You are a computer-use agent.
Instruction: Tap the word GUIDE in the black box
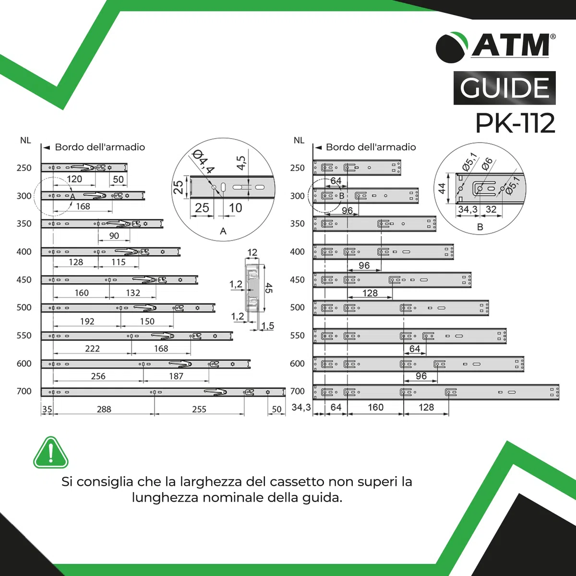click(x=504, y=88)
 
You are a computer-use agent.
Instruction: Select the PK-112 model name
click(x=516, y=123)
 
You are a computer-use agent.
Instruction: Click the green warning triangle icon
click(x=51, y=453)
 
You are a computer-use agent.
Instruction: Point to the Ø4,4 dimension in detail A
click(x=204, y=162)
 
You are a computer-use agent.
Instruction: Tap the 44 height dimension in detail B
click(x=442, y=188)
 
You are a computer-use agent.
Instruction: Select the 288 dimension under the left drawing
click(x=104, y=409)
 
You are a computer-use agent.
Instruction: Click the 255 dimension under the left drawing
click(x=199, y=409)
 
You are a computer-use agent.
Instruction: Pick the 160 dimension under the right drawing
click(x=375, y=407)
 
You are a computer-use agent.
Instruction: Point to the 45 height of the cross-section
click(x=268, y=288)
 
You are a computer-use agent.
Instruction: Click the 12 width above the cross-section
click(x=252, y=252)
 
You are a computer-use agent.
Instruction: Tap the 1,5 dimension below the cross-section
click(x=267, y=325)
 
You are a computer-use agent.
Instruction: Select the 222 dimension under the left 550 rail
click(x=92, y=348)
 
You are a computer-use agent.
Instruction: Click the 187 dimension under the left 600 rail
click(x=176, y=376)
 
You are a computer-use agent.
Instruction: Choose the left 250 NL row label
click(x=24, y=168)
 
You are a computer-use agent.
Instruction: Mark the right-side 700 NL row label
click(x=298, y=391)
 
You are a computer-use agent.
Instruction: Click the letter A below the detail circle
click(x=223, y=231)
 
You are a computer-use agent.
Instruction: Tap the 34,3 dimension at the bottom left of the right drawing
click(x=301, y=407)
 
